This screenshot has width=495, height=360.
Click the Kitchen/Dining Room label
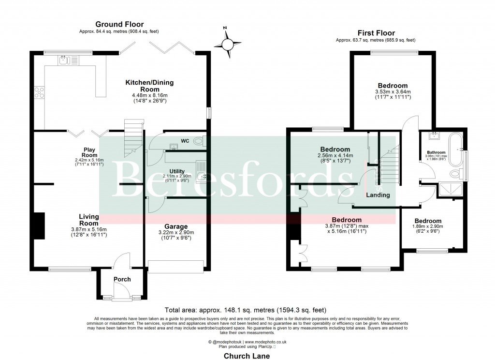pos(149,86)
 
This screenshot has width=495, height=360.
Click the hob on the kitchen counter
pos(39,92)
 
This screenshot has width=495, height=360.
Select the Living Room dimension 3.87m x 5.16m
pos(89,229)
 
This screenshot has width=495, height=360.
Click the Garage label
pos(176,226)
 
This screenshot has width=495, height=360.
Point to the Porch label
pos(122,279)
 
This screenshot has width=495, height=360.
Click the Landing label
pos(379,195)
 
